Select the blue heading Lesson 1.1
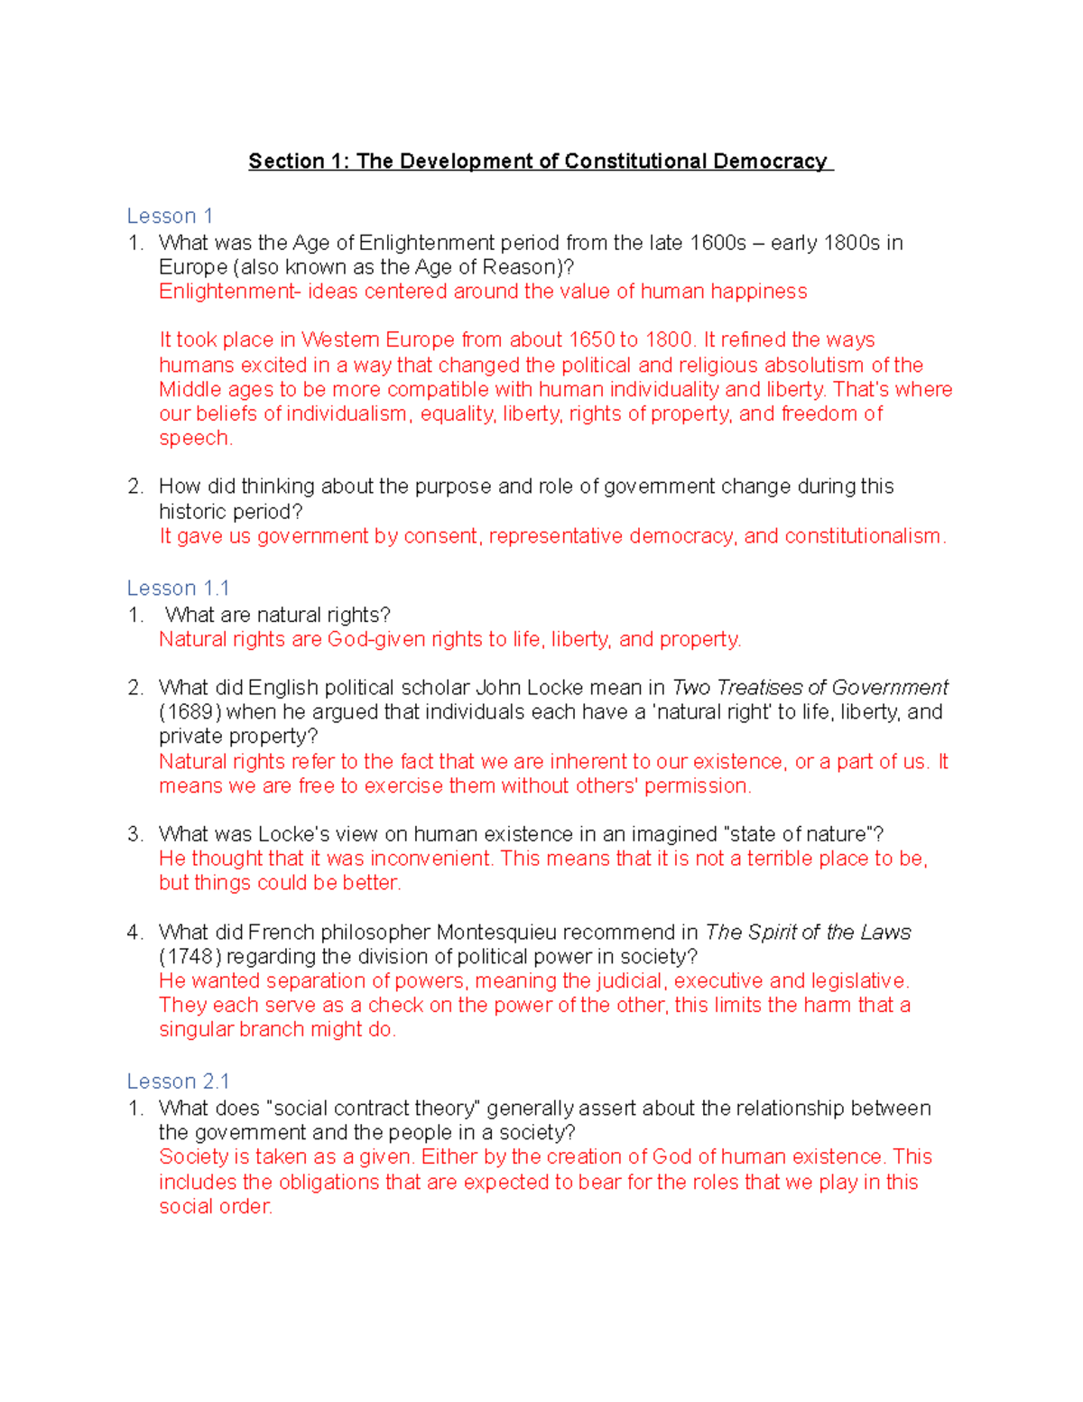178,589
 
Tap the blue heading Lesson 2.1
178,1082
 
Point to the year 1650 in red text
591,340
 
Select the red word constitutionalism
864,536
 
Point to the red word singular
195,1030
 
